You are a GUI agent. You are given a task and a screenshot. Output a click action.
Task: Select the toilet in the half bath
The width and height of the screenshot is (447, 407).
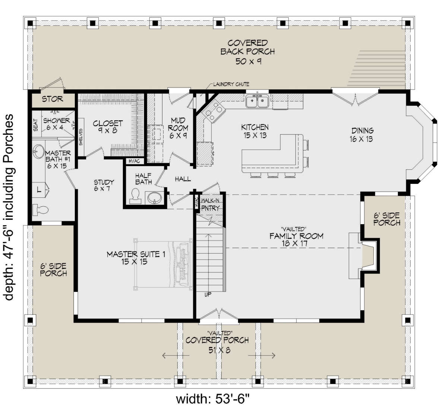(x=135, y=196)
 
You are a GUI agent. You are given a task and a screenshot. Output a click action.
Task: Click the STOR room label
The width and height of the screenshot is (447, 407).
(x=53, y=99)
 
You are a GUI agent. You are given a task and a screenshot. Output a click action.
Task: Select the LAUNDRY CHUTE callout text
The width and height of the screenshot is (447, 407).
(x=231, y=84)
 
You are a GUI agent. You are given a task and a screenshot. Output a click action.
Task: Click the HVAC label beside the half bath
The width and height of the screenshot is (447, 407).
(x=134, y=161)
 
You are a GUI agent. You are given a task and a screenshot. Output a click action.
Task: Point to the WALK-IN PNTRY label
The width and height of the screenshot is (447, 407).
(x=210, y=204)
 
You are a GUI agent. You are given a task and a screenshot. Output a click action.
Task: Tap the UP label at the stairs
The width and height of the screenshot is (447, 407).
(x=208, y=295)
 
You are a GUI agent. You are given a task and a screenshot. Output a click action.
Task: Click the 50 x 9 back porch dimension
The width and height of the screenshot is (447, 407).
(x=248, y=61)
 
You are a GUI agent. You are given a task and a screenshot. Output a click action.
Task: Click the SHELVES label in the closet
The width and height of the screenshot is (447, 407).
(x=81, y=137)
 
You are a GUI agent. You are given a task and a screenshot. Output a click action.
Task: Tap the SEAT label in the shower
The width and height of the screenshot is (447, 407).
(x=36, y=125)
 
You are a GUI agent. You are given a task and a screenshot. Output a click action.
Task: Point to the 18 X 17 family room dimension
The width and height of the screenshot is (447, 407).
(x=295, y=244)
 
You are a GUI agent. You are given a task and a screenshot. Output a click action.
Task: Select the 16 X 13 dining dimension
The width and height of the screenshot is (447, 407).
(x=361, y=139)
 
